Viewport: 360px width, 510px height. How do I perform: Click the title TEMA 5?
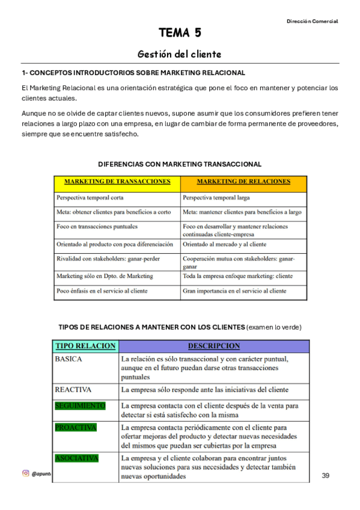(180, 32)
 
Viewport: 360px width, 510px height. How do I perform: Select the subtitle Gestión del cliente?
(180, 54)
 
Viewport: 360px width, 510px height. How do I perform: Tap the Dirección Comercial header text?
(312, 21)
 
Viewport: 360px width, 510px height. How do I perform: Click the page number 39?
(326, 476)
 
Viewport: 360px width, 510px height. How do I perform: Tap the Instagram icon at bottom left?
(25, 473)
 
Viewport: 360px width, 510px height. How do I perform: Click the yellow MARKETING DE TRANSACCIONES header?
(117, 182)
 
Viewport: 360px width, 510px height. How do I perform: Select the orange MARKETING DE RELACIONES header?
(243, 182)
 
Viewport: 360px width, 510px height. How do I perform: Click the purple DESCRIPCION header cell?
(213, 346)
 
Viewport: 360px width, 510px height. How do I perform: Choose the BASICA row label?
(69, 359)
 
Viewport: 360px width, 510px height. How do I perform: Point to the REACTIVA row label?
(73, 390)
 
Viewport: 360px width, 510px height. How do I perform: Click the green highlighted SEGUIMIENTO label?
(80, 405)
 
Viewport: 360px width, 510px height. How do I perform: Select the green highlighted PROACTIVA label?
(76, 427)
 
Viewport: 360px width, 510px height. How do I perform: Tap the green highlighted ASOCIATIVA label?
(76, 458)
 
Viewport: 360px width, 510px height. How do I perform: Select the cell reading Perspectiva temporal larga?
(216, 197)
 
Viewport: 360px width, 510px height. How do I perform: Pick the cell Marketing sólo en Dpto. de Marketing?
(105, 276)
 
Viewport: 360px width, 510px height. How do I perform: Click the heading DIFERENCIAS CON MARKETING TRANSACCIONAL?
(180, 164)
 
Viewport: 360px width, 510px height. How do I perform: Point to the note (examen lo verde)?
(274, 327)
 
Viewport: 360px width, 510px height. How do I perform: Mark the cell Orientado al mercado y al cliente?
(224, 245)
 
